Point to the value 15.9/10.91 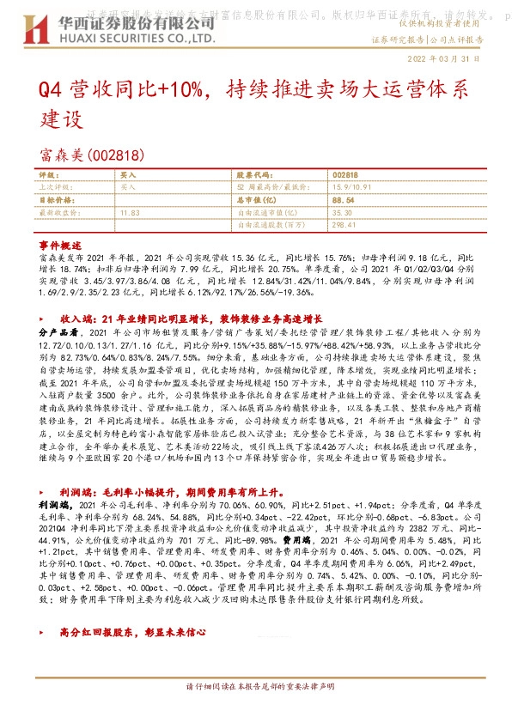coord(351,185)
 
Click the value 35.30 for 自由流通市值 coord(343,211)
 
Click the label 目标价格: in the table coord(55,198)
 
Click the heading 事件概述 coord(59,245)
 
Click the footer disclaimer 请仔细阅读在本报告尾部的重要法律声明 coord(255,712)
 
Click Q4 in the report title coord(49,90)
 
